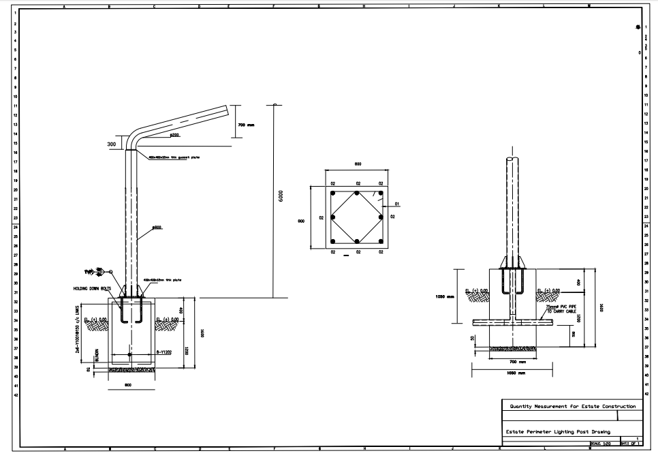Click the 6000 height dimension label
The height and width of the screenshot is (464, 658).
280,196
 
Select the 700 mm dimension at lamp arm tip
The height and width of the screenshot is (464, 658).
246,125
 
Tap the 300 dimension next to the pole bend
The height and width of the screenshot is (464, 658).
112,144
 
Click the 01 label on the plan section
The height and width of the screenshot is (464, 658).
396,204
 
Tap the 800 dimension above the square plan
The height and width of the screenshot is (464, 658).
357,164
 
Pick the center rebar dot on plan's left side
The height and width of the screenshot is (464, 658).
332,217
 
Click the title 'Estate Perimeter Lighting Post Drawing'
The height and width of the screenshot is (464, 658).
557,431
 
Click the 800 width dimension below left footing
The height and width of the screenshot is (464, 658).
128,385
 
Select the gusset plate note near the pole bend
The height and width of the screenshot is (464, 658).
174,157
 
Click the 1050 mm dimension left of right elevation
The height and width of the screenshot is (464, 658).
444,296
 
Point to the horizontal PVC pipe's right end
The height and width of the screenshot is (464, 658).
550,320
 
